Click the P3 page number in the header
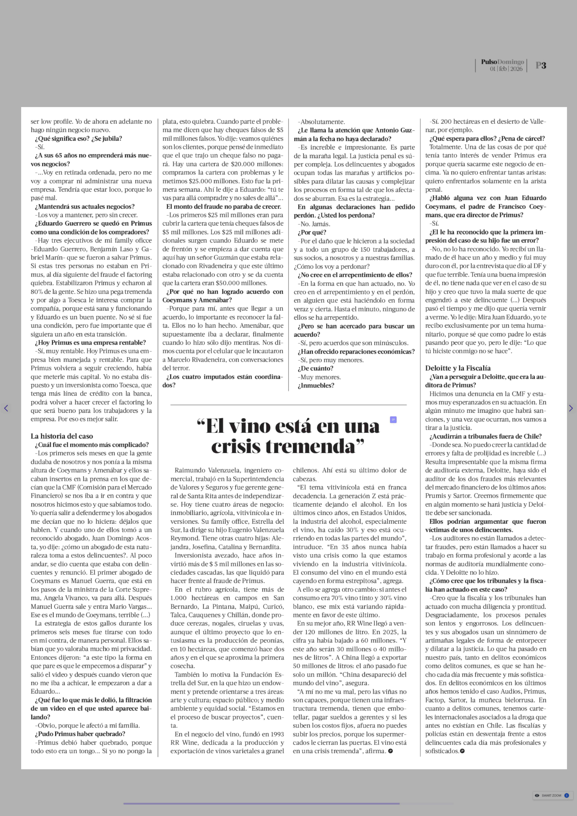(541, 65)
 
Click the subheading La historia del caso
(62, 436)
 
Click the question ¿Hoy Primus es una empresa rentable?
(90, 343)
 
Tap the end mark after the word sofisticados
(462, 751)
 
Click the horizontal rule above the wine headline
(289, 405)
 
